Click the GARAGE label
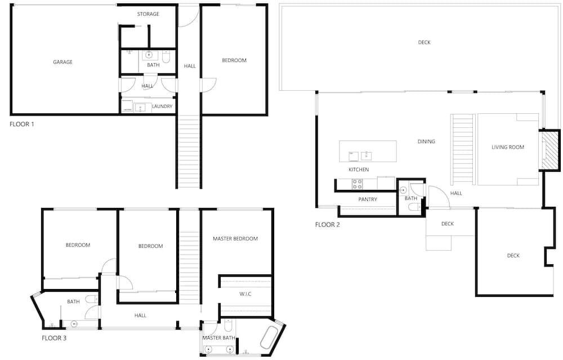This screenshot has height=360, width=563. (x=63, y=62)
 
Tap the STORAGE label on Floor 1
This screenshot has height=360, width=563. (x=148, y=14)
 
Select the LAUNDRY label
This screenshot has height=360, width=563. (x=162, y=106)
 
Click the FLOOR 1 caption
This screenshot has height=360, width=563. (x=22, y=125)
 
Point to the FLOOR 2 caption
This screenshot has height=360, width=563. (x=328, y=225)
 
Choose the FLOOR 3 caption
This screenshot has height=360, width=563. (x=54, y=338)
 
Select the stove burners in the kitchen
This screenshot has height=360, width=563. (x=358, y=184)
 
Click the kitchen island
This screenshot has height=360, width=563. (x=368, y=151)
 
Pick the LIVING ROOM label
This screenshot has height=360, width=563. (x=508, y=147)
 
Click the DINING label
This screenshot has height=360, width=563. (x=426, y=141)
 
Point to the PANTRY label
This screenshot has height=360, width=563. (x=368, y=199)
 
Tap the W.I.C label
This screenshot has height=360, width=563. (x=245, y=294)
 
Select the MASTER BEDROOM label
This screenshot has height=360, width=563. (x=235, y=238)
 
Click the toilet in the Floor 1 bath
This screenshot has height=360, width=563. (x=166, y=57)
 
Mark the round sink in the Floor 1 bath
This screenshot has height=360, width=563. (x=149, y=55)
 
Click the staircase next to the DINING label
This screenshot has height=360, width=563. (x=463, y=149)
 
